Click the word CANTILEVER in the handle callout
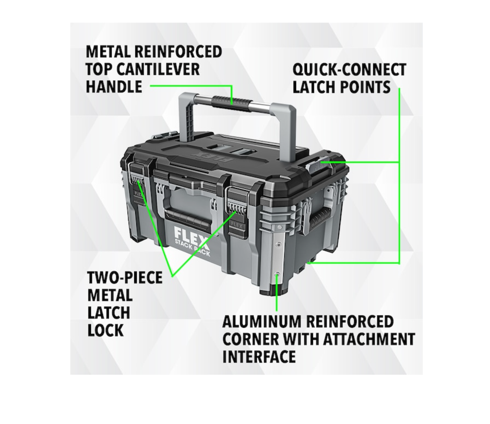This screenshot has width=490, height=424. point(158,69)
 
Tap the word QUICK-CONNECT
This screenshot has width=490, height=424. point(350,70)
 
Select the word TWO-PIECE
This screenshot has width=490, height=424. point(125,277)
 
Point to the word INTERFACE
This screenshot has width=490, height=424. point(259,356)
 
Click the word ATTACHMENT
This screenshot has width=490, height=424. point(369,339)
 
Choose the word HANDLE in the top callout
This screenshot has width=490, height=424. point(114,86)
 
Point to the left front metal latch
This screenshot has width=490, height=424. point(137,187)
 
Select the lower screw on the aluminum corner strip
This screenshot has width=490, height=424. point(277,274)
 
